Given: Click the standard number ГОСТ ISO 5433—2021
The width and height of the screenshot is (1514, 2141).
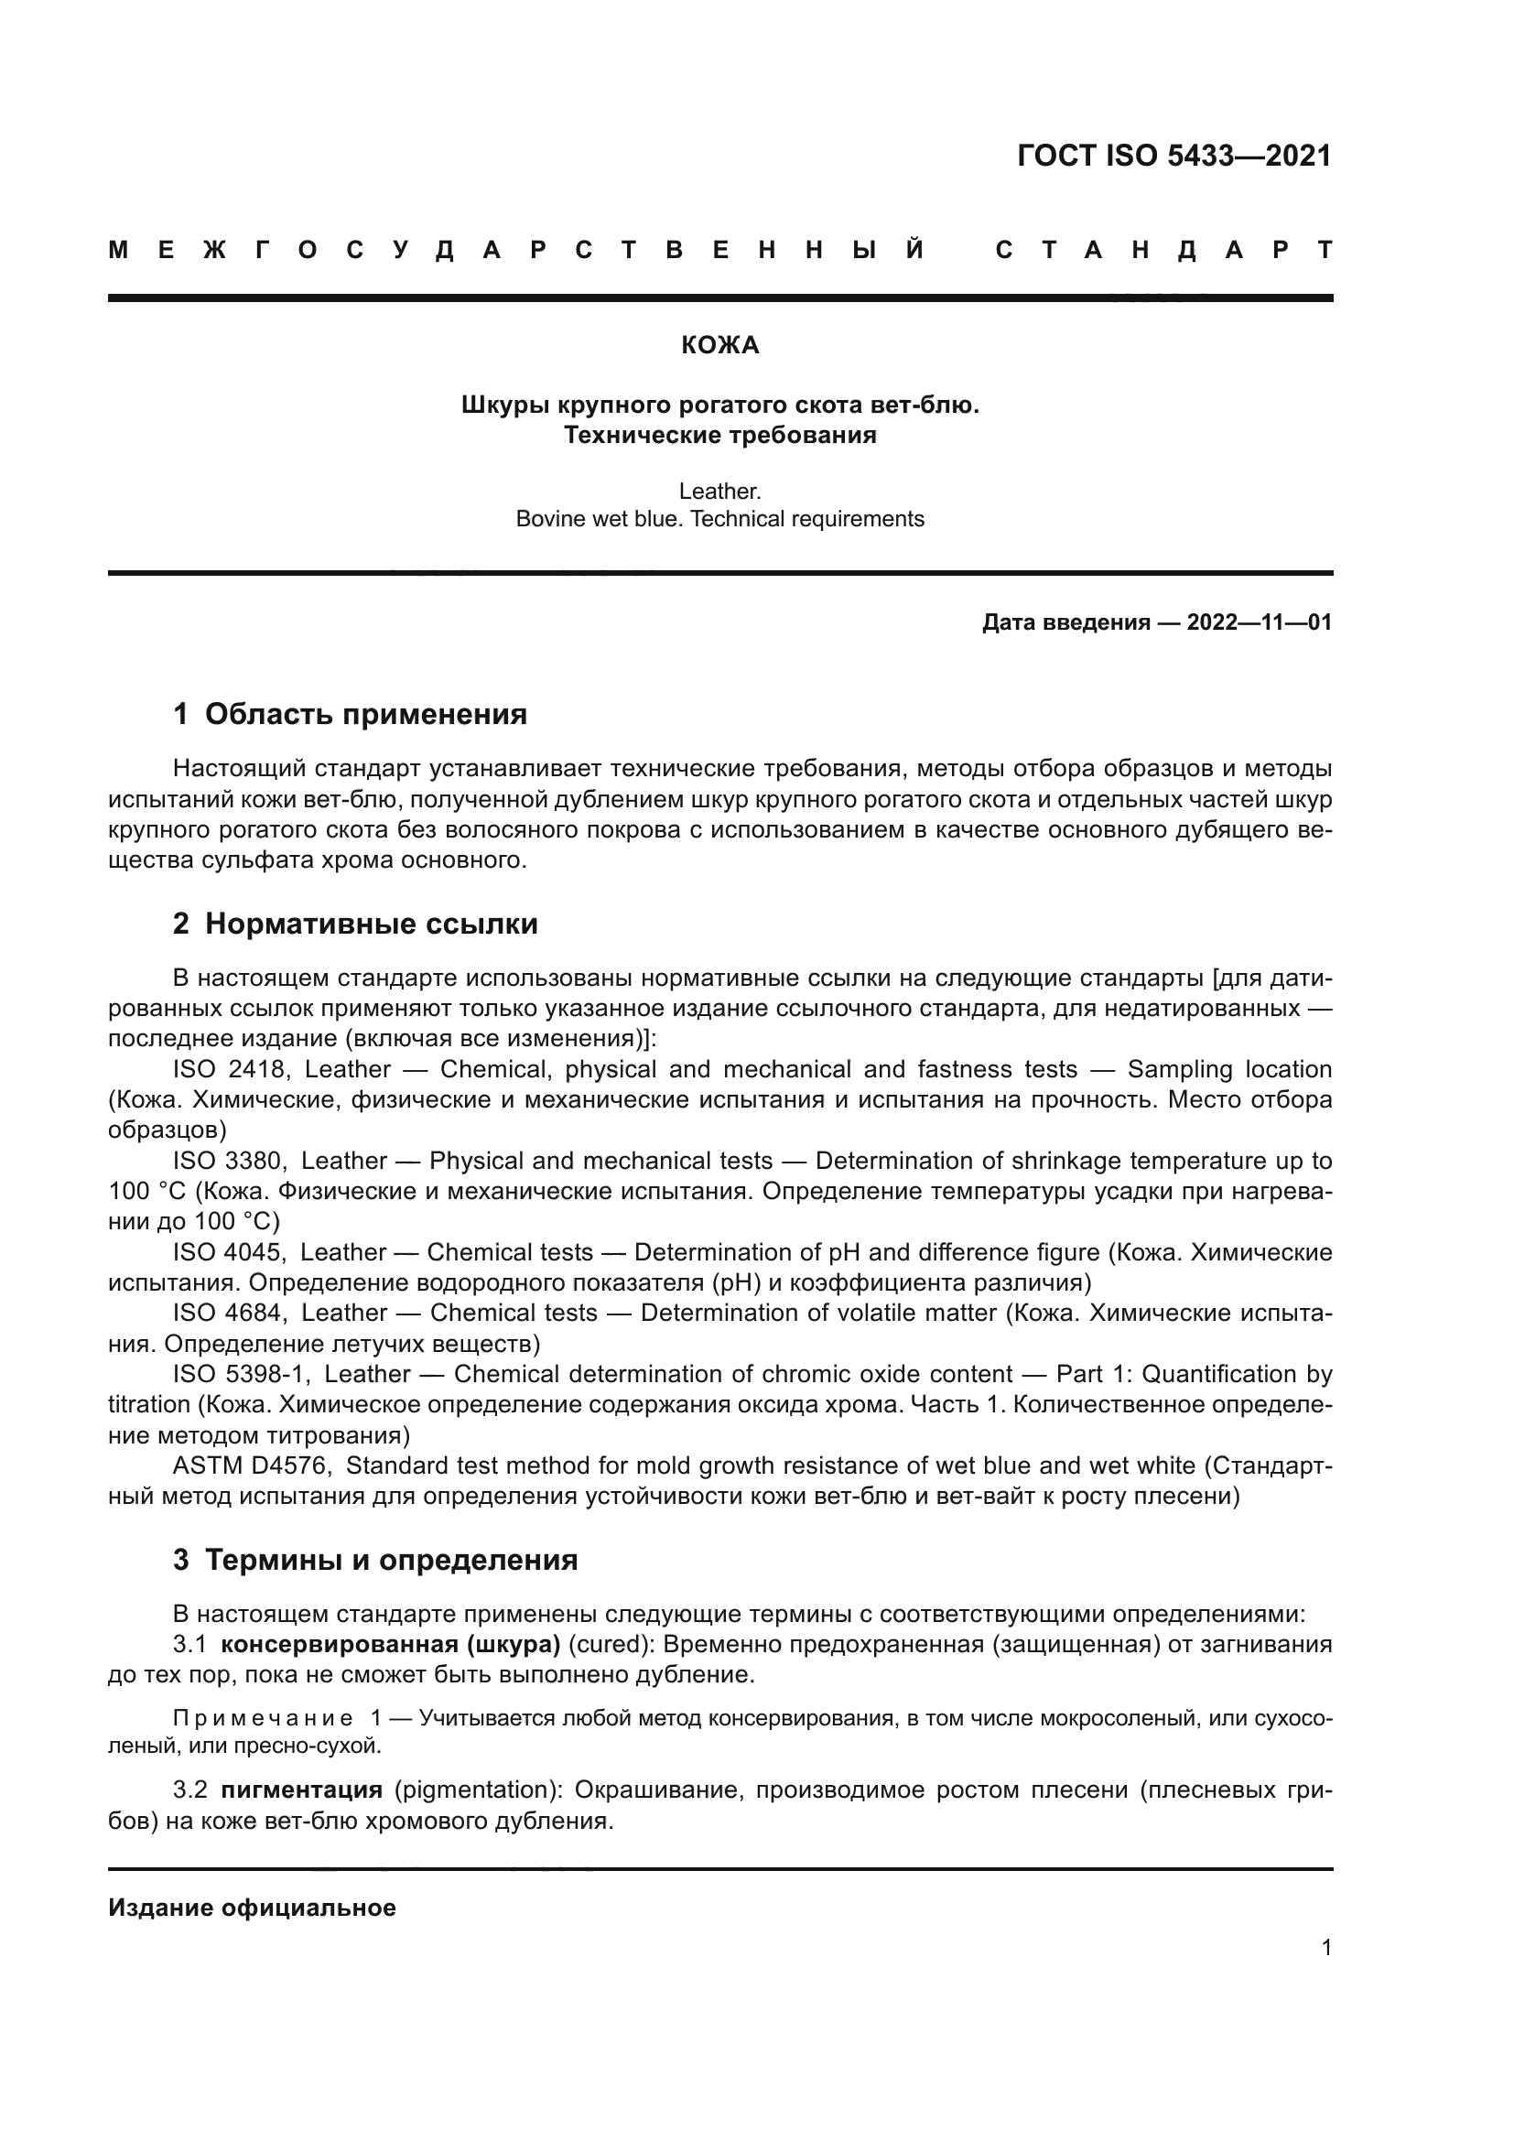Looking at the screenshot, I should [1173, 156].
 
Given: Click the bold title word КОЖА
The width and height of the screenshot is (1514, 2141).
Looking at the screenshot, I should [719, 346].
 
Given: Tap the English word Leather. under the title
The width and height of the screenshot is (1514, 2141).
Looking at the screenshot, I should [719, 491].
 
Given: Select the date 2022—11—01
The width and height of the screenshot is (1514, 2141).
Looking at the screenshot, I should [1259, 622].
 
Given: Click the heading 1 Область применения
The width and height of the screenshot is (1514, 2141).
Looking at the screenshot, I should [350, 714].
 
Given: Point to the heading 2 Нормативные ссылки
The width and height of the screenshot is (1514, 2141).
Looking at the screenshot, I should [355, 925].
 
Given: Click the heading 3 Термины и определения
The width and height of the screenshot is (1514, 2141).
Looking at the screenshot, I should [374, 1560].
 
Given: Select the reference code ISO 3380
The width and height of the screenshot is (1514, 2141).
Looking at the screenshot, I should [230, 1161].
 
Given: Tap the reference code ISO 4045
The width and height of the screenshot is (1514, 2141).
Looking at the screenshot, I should [230, 1252].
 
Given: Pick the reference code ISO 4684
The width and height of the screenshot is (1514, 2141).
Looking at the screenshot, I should [230, 1313].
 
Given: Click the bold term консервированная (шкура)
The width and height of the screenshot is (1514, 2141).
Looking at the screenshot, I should [390, 1644].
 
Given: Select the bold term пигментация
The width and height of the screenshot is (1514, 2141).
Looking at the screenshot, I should [301, 1790].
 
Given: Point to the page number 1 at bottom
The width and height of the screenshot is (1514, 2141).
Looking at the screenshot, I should [1325, 1948].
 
